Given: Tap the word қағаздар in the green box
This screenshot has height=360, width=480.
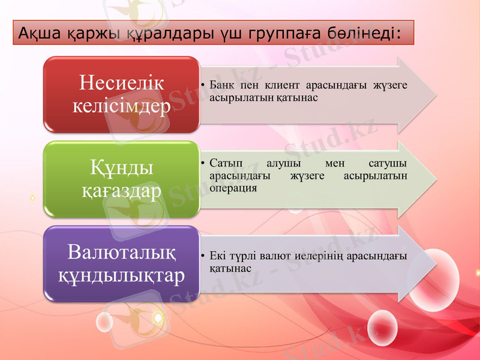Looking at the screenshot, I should pos(121,190).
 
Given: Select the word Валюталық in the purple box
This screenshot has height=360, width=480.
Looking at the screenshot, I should pos(121,251).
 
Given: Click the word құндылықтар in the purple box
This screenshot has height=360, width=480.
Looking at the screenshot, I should pos(121,275).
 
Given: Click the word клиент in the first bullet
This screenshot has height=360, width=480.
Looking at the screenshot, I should pos(275,85).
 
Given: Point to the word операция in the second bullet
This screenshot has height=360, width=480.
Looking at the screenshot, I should pos(233,187).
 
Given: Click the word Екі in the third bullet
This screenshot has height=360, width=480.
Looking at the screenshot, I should pos(218,257).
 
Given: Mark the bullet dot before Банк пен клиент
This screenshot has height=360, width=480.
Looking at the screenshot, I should pos(204,85).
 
